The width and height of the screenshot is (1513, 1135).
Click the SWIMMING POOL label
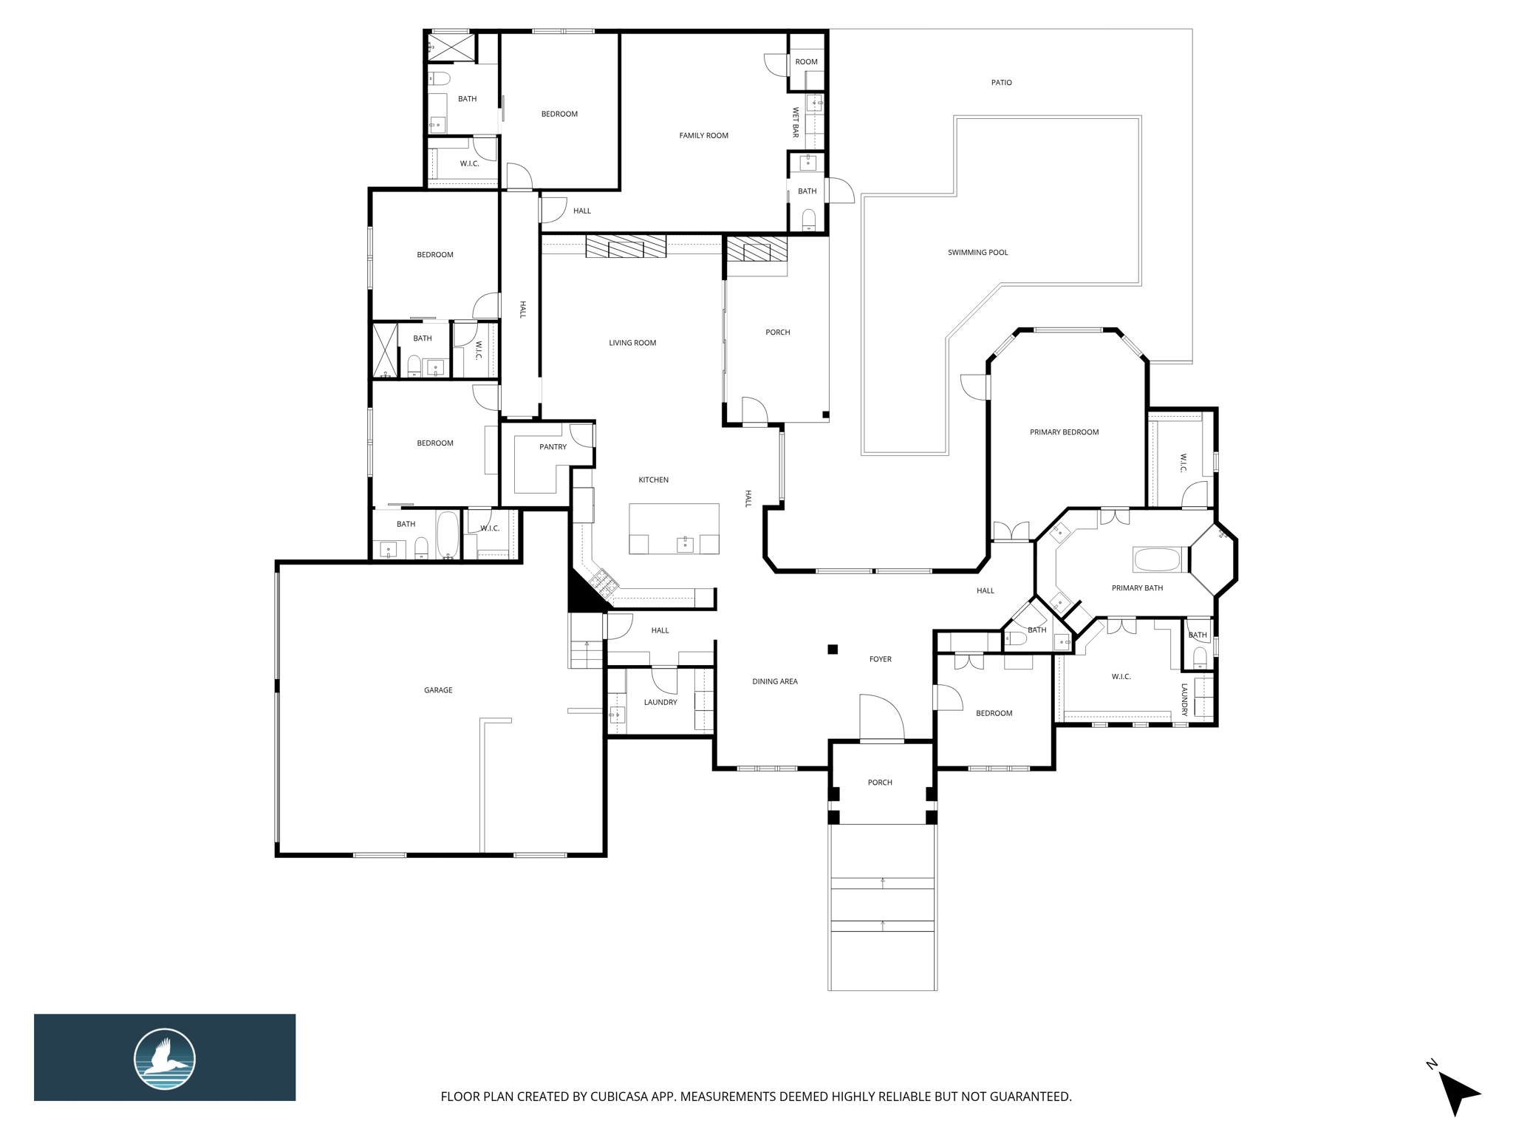977,253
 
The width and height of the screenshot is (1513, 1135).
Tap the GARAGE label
438,690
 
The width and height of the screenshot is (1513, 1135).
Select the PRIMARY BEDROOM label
1064,432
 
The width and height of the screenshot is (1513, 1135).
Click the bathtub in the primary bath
1158,559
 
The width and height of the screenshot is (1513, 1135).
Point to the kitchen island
674,528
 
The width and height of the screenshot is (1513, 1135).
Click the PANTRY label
553,447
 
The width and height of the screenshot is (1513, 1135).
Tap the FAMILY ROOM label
703,135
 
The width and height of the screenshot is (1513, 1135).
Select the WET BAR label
796,122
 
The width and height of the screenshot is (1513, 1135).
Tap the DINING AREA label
775,681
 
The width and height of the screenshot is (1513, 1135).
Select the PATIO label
1001,83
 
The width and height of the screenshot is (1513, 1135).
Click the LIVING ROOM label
632,343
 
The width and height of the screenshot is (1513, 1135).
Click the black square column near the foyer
833,650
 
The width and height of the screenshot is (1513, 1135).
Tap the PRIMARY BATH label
1137,588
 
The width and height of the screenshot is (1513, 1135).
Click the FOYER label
880,659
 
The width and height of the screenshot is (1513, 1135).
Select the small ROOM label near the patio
806,62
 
